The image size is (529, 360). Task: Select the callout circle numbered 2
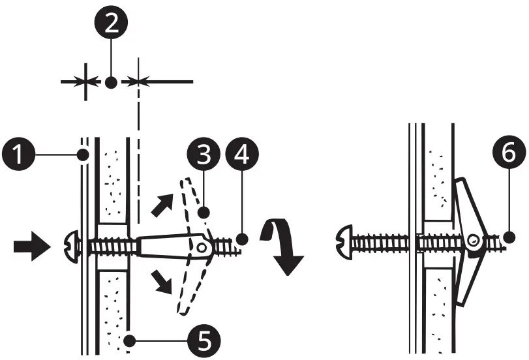112,26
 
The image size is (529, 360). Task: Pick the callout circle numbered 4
241,157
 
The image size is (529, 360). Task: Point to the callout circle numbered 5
204,339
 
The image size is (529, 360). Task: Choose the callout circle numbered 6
509,155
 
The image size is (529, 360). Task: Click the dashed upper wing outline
194,203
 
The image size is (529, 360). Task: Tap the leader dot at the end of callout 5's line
132,339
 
